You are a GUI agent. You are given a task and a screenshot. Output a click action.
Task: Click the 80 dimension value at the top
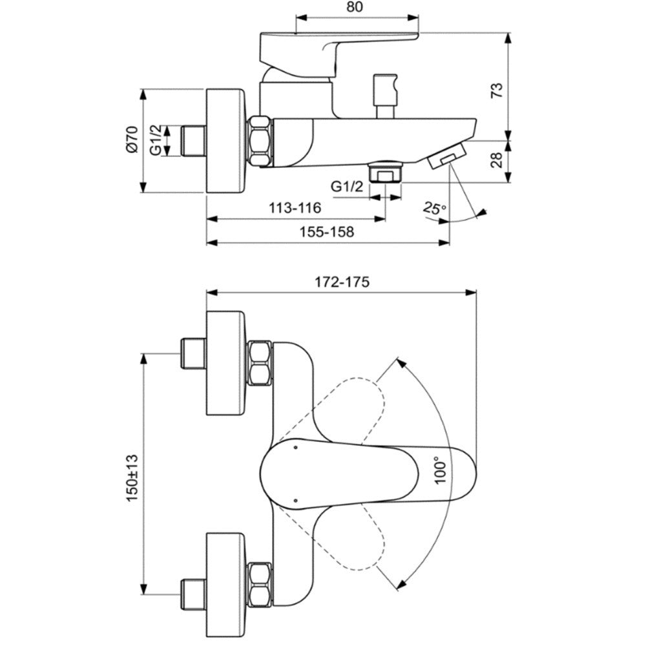[355, 7]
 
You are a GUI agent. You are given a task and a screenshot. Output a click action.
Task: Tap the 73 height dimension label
[497, 90]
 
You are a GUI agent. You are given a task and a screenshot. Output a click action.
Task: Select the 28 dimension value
[497, 160]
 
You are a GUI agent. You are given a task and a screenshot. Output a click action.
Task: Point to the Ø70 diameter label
[132, 140]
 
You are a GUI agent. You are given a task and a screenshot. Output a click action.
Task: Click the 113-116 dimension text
[295, 207]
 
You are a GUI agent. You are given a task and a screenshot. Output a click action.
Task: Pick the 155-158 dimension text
[326, 232]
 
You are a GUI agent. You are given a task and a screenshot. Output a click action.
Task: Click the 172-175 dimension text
[342, 282]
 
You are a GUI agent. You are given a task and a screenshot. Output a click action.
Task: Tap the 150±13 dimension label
[132, 478]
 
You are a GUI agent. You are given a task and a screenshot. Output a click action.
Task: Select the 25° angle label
[434, 208]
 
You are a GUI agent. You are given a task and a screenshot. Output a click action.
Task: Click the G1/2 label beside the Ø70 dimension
[155, 140]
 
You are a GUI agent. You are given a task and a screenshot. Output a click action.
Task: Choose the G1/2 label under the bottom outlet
[347, 187]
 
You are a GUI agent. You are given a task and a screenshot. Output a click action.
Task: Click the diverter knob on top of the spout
[385, 96]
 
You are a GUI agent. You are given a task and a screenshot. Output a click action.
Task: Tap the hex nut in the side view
[260, 142]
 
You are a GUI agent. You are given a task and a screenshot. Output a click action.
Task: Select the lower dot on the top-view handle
[296, 500]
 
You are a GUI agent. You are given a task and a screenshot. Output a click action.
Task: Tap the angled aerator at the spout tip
[446, 156]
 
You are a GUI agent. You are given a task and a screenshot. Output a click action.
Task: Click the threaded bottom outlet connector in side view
[386, 171]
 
